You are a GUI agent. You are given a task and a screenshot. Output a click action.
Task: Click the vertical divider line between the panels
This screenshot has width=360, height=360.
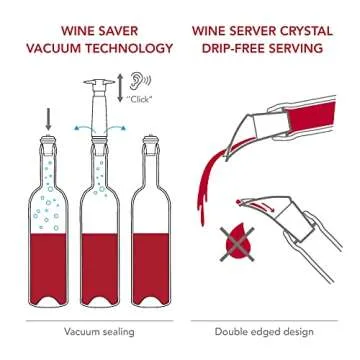180,180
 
